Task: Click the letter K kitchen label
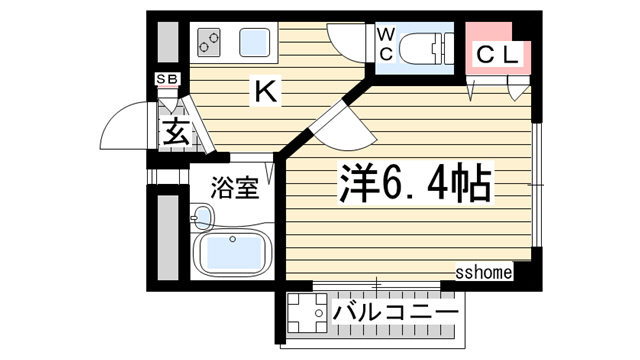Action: [266, 93]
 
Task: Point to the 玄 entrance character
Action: [175, 132]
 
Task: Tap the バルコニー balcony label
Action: [395, 312]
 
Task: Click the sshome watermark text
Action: [484, 271]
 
